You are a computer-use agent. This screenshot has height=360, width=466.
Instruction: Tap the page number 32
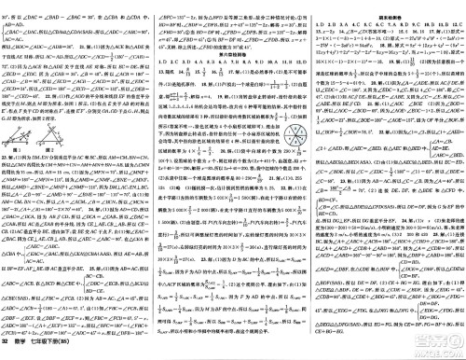tap(7, 352)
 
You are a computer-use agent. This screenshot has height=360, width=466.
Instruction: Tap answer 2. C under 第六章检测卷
tap(177, 69)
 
